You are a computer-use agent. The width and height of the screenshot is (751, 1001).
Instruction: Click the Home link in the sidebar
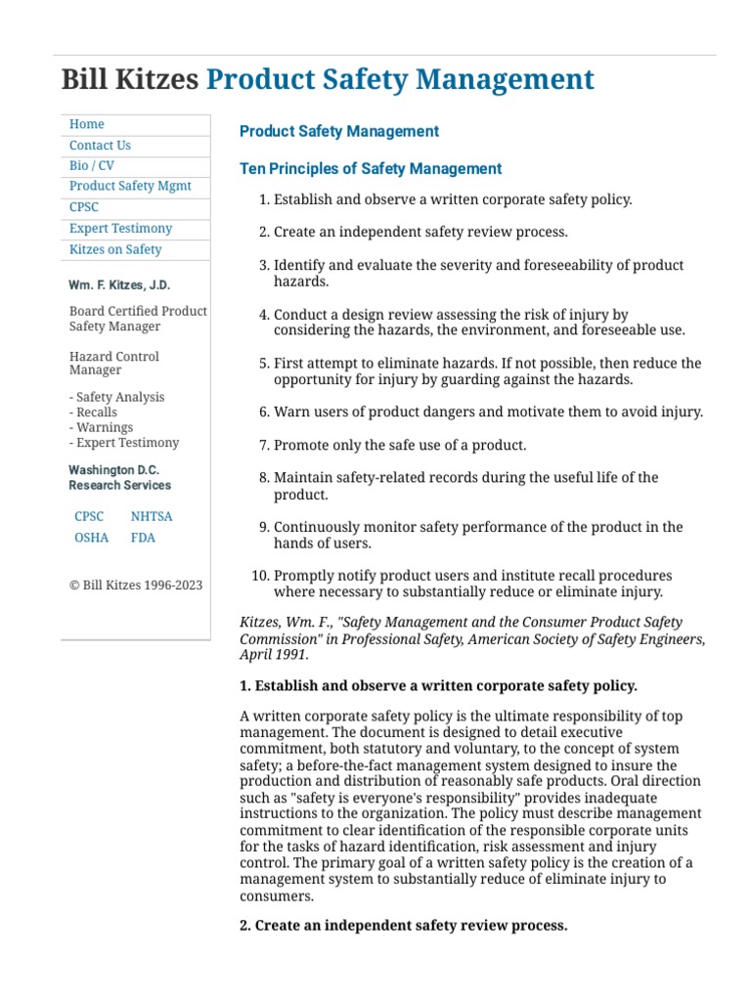tap(87, 124)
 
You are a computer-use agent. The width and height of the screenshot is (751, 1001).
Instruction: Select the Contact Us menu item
tap(100, 146)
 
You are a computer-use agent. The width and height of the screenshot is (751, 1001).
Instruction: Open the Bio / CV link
tap(92, 166)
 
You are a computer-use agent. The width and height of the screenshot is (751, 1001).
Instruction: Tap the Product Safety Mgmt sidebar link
tap(130, 187)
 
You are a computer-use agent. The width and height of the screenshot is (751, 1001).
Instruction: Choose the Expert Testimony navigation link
tap(120, 229)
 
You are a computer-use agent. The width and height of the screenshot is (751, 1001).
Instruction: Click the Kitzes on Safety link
tap(115, 249)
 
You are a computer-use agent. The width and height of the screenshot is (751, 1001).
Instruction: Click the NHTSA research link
tap(151, 516)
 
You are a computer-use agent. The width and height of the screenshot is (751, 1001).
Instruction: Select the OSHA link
tap(91, 538)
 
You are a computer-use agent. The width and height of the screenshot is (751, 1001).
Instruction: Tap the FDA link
tap(143, 538)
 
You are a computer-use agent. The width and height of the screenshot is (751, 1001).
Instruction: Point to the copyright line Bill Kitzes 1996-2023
tap(136, 585)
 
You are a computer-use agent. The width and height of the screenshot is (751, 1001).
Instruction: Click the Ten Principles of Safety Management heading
tap(371, 169)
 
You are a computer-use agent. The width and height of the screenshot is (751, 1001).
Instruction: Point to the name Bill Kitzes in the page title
tap(129, 79)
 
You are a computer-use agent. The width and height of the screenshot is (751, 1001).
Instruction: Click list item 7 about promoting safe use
tap(400, 445)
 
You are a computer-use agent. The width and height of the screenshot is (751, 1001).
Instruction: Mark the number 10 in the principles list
tap(259, 576)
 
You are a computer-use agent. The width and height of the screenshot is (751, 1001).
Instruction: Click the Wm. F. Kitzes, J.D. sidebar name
tap(118, 284)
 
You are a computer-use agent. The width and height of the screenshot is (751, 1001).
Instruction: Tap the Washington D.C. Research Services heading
tap(119, 477)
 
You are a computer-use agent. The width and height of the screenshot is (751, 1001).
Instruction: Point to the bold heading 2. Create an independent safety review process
tap(403, 925)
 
